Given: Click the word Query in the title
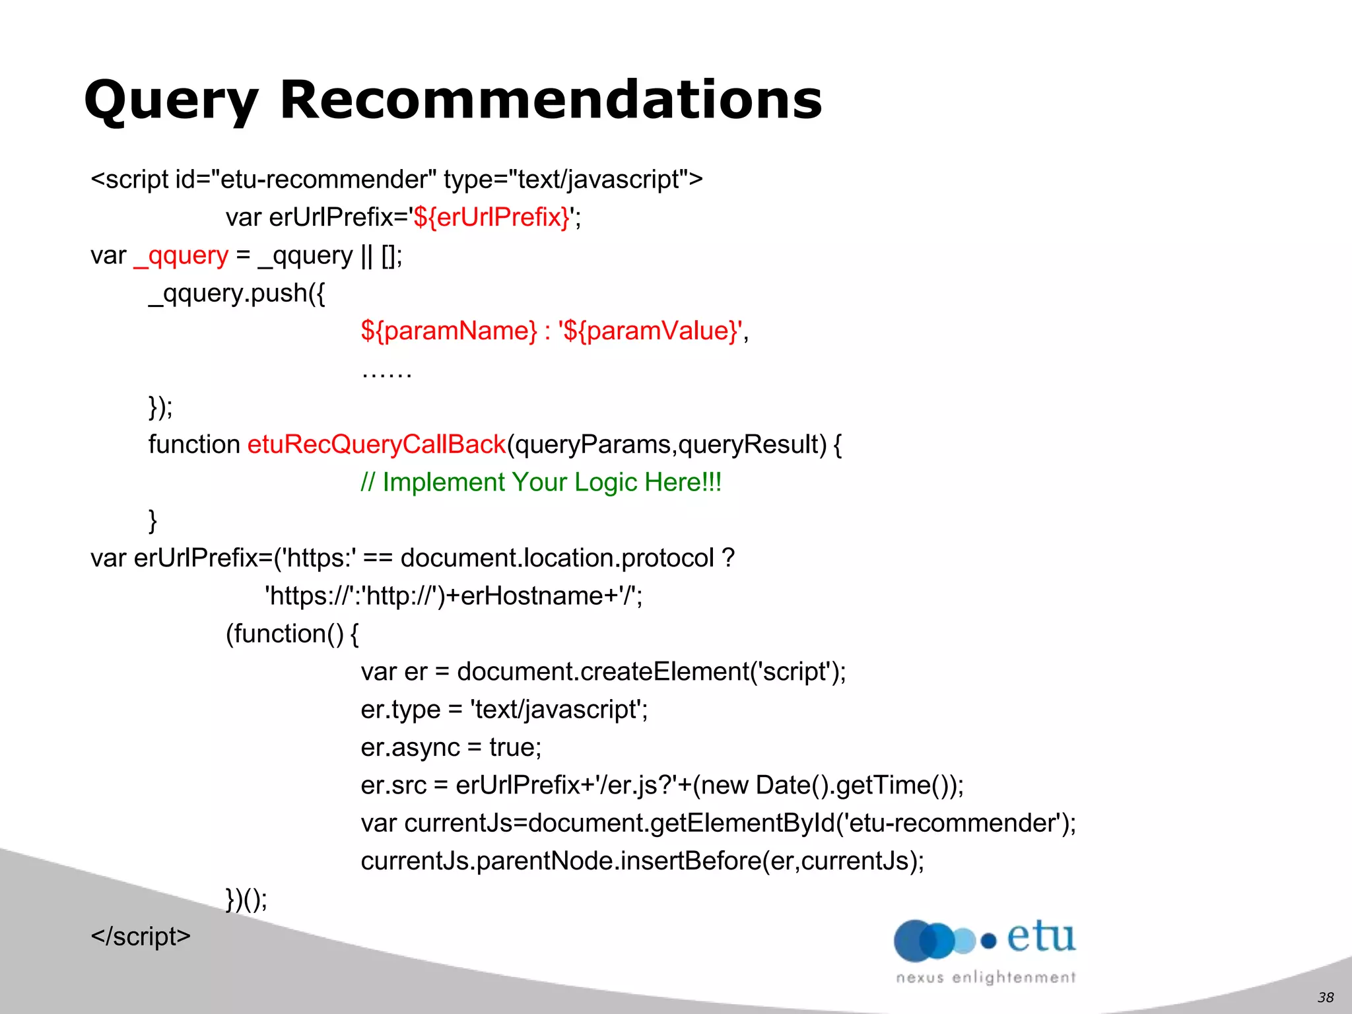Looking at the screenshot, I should point(171,100).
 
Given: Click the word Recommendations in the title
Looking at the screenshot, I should point(551,100).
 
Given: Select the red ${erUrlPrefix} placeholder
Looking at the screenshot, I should point(491,217).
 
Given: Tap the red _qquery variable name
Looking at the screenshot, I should point(181,255).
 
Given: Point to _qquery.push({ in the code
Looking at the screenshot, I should point(237,293).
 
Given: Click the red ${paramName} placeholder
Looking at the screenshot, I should point(449,331).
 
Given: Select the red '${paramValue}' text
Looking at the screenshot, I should point(652,331).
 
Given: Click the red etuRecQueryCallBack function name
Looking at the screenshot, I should point(376,444).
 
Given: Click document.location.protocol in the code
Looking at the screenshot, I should point(557,558).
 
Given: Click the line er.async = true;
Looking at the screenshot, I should point(451,747).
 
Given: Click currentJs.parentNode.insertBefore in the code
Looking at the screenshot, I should point(561,861).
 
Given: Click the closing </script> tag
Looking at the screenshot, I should point(141,937).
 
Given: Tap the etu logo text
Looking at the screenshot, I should point(1040,937).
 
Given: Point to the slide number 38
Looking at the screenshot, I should point(1326,997).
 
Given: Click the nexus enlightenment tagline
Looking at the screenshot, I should point(986,978).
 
